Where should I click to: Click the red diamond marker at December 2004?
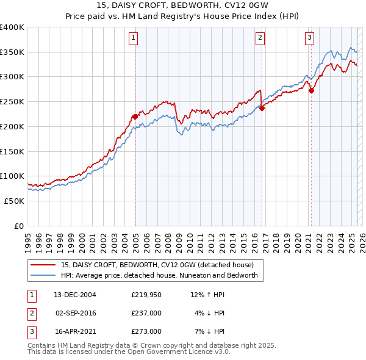135,117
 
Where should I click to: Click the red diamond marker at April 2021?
311,90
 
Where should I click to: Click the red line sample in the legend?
43,265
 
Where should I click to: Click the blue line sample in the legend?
43,276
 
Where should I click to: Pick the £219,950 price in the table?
146,295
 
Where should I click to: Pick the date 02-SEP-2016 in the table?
76,313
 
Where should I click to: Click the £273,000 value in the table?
146,331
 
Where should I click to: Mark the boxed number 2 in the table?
30,313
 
